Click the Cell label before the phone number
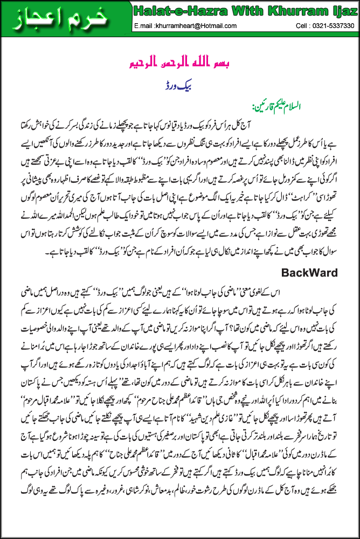click(303, 25)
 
